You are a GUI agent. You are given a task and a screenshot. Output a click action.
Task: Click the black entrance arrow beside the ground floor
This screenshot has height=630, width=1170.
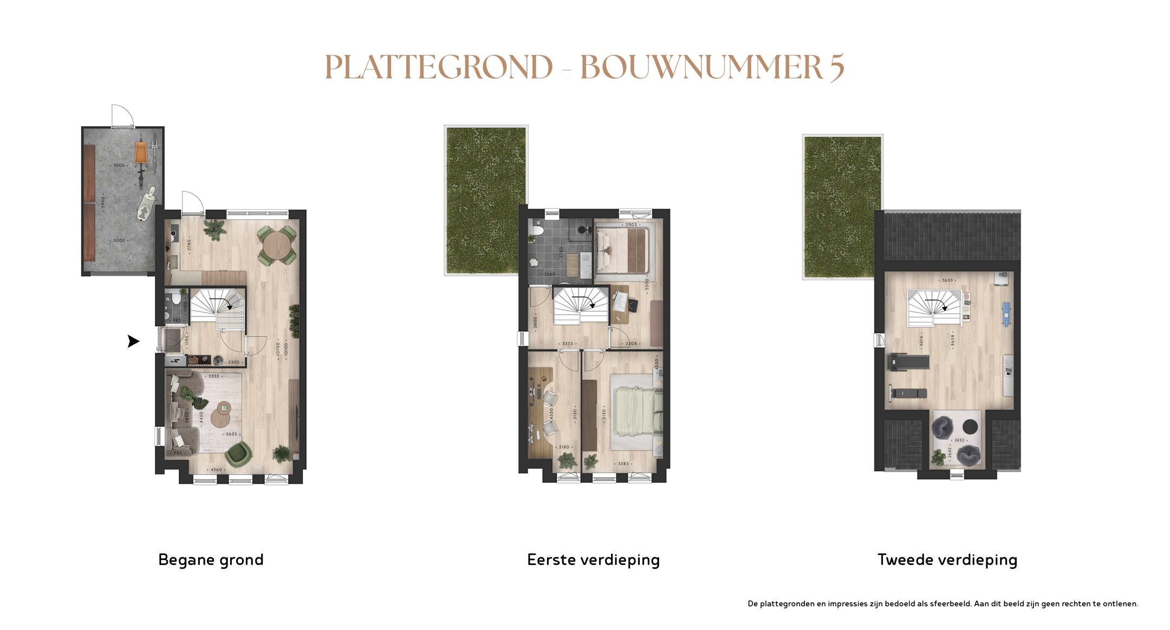click(x=133, y=341)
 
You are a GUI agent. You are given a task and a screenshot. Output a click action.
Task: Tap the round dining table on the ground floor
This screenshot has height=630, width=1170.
click(x=276, y=245)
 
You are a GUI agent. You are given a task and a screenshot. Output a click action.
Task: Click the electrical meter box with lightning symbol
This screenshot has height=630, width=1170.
click(x=175, y=361)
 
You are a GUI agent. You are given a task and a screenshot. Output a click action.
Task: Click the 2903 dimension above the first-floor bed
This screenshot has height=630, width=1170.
click(x=631, y=224)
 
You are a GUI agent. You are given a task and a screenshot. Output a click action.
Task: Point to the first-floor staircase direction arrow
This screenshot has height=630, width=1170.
click(x=584, y=302)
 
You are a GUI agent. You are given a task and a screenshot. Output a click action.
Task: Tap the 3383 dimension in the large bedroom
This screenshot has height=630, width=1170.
click(x=623, y=464)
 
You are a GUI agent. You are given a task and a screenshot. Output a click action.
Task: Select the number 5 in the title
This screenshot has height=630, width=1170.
click(x=836, y=67)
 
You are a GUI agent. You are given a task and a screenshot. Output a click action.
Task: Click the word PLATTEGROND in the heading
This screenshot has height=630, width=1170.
click(x=439, y=67)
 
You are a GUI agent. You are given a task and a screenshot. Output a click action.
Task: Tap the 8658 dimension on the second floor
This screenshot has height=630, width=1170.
click(x=952, y=340)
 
